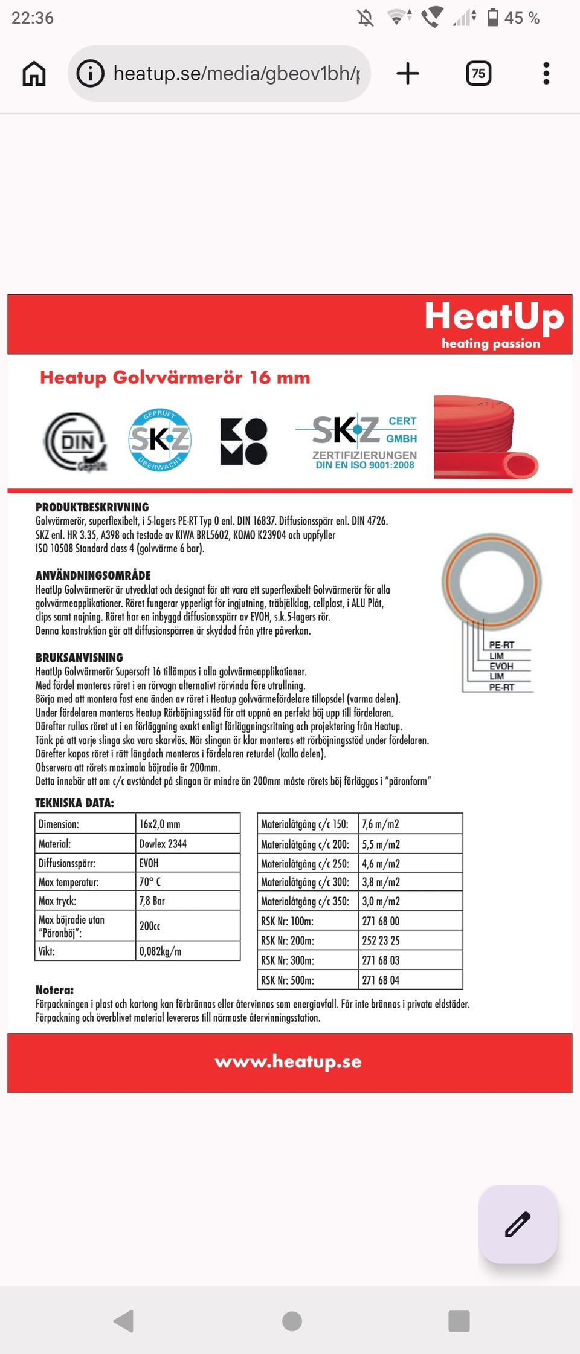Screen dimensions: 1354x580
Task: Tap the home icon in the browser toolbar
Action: tap(34, 74)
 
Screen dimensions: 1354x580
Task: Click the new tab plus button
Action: tap(408, 74)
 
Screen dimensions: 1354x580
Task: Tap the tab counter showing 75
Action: tap(478, 74)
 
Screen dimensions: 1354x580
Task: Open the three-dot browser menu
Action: tap(546, 74)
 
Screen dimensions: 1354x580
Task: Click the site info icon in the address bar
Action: tap(91, 74)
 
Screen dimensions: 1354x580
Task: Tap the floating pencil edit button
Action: tap(518, 1224)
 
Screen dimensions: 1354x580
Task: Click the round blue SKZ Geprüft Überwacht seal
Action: tap(160, 439)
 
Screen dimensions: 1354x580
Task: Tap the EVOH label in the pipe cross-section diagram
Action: tap(501, 666)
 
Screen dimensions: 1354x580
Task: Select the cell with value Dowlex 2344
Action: tap(188, 843)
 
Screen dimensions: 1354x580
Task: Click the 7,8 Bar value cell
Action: tap(188, 901)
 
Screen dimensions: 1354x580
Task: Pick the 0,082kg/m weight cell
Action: tap(188, 951)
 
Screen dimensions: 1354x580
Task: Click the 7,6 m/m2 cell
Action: tap(410, 824)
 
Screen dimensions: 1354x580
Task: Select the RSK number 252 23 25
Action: tap(410, 941)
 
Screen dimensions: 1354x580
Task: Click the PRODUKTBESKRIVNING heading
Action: tap(92, 507)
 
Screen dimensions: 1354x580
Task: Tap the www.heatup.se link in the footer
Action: tap(288, 1062)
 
